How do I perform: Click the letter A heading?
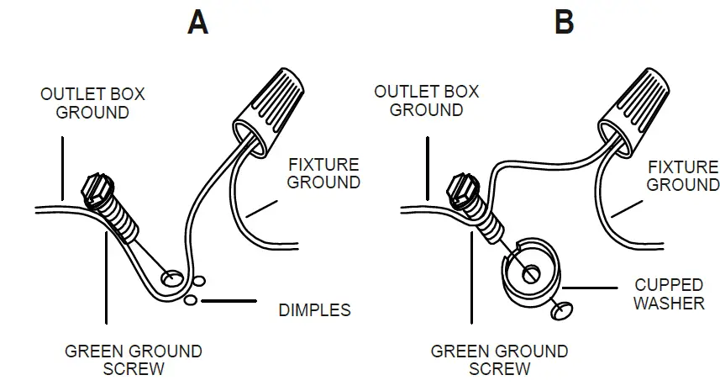(x=197, y=22)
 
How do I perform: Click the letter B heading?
(x=564, y=22)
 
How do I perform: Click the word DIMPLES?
(x=313, y=310)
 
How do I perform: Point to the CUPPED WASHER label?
(x=670, y=293)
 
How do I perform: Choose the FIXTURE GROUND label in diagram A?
(x=323, y=173)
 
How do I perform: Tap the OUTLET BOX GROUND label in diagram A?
(x=92, y=103)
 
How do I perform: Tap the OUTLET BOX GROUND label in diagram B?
(x=427, y=100)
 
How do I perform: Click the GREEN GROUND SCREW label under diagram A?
(x=134, y=359)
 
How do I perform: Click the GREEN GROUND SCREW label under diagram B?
(x=500, y=359)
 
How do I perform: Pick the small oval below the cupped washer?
(x=560, y=312)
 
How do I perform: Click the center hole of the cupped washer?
(x=530, y=272)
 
